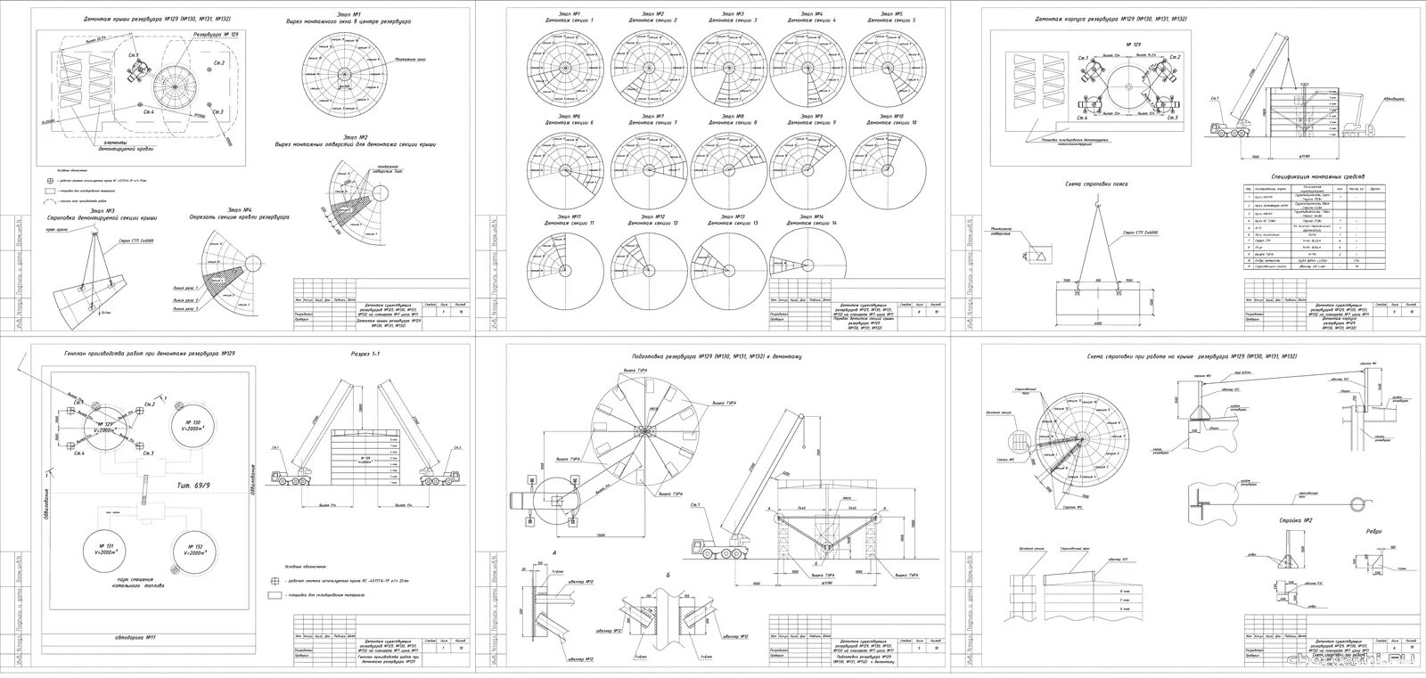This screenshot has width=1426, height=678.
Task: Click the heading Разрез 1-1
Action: coord(365,354)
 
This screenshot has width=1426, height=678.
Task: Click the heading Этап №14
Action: coord(811,216)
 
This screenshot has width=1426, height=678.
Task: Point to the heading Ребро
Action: coord(1373,532)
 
